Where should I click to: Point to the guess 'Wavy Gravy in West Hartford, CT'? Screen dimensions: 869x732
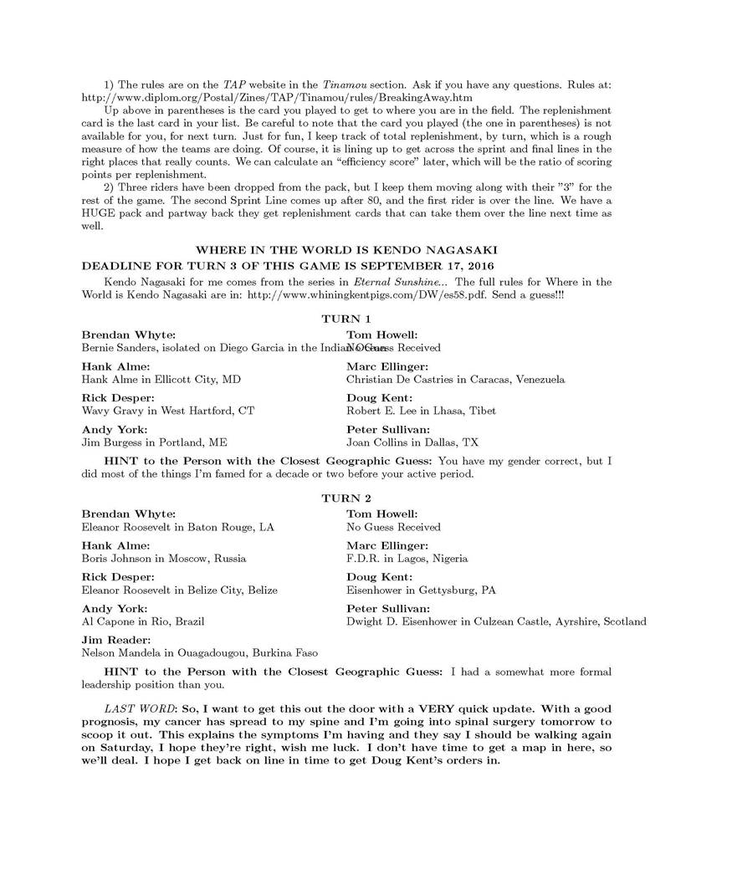167,411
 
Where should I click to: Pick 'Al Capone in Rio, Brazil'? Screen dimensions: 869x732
143,621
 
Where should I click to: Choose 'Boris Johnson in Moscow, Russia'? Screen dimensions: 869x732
164,558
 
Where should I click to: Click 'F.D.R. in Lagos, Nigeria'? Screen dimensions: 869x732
407,558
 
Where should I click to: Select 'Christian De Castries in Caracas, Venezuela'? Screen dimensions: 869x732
455,379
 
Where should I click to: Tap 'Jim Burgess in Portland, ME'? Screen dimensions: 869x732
154,442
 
